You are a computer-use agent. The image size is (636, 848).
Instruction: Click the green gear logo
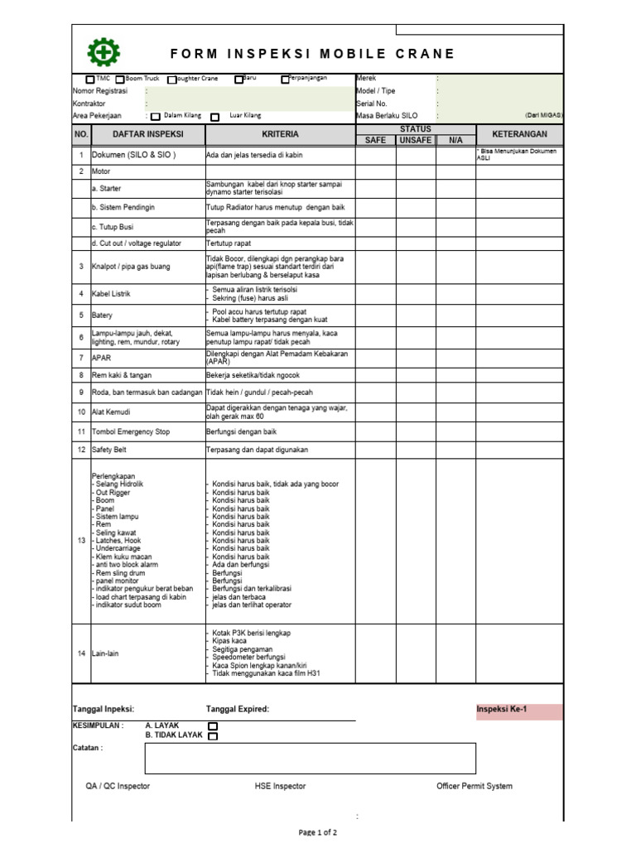[x=104, y=52]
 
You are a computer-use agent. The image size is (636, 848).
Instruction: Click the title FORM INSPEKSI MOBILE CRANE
[x=312, y=54]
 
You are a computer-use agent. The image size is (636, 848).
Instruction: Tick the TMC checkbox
[x=90, y=79]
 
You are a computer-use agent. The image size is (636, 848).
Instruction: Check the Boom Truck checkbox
[x=120, y=79]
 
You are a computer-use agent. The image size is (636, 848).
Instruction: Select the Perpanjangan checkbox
[x=285, y=79]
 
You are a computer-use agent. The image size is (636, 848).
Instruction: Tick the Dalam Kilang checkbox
[x=156, y=117]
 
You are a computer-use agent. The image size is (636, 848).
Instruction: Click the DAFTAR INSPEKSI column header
[x=147, y=134]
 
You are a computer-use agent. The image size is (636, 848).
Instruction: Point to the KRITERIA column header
[x=280, y=134]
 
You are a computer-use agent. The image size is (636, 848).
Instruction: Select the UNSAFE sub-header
[x=416, y=140]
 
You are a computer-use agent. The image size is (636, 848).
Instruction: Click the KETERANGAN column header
[x=519, y=134]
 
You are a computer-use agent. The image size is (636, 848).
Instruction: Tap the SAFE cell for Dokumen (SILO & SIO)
[x=375, y=155]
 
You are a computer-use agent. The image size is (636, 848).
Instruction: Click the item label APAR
[x=101, y=358]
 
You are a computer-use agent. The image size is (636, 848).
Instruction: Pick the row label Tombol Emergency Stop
[x=130, y=432]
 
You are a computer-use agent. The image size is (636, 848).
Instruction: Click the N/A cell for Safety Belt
[x=455, y=450]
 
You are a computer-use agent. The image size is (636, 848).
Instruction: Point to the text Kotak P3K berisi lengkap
[x=252, y=633]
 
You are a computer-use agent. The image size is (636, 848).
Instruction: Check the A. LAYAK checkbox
[x=213, y=726]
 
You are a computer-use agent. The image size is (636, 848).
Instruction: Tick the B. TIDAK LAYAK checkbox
[x=213, y=736]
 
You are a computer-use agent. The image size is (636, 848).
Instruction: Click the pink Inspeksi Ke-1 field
[x=519, y=711]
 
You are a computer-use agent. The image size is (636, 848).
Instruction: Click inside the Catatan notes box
[x=310, y=758]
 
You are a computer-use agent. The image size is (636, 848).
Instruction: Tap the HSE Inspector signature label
[x=280, y=786]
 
